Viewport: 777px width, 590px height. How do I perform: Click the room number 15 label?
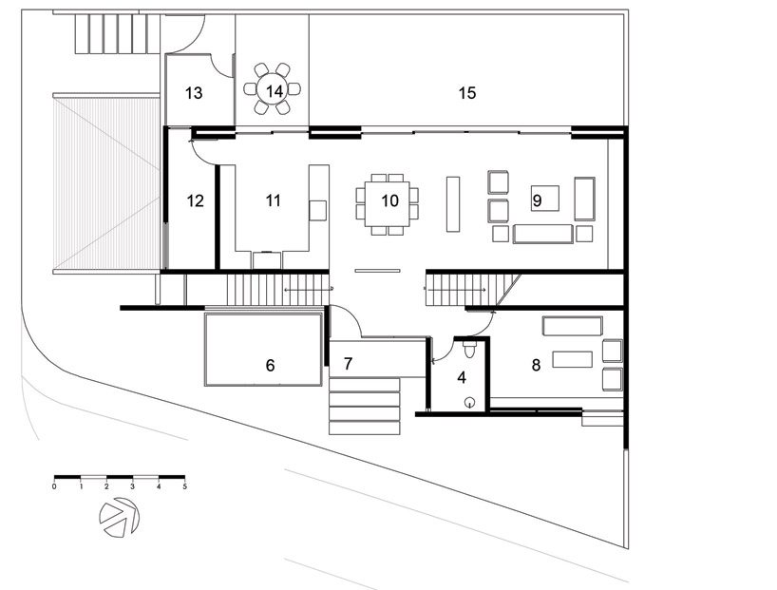pyautogui.click(x=467, y=93)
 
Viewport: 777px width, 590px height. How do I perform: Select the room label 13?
pyautogui.click(x=194, y=93)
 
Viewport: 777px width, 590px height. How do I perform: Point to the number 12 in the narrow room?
pyautogui.click(x=196, y=200)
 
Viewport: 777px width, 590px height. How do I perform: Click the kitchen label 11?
pyautogui.click(x=273, y=200)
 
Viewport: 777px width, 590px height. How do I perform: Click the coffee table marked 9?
pyautogui.click(x=545, y=199)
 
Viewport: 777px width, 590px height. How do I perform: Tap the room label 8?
pyautogui.click(x=536, y=366)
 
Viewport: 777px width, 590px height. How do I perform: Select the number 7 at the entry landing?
pyautogui.click(x=348, y=364)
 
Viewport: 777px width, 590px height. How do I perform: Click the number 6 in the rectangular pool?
pyautogui.click(x=270, y=366)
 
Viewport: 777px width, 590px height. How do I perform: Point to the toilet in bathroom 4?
pyautogui.click(x=469, y=349)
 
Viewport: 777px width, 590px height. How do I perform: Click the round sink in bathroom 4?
pyautogui.click(x=470, y=403)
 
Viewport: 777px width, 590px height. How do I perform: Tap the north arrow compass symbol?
pyautogui.click(x=119, y=517)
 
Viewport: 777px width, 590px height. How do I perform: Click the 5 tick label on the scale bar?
pyautogui.click(x=185, y=486)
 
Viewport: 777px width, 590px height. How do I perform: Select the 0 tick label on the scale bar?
pyautogui.click(x=54, y=486)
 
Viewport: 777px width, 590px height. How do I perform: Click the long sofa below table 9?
pyautogui.click(x=543, y=234)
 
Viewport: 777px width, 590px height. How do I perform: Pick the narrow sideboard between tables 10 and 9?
pyautogui.click(x=453, y=203)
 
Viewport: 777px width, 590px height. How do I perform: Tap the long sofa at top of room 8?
pyautogui.click(x=573, y=326)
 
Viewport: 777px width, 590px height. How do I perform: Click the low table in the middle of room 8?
pyautogui.click(x=573, y=359)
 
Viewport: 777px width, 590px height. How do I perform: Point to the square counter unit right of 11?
pyautogui.click(x=317, y=210)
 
